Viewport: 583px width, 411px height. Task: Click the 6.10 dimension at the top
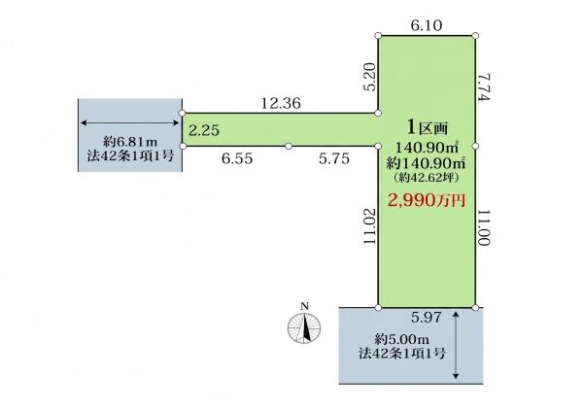pos(427,25)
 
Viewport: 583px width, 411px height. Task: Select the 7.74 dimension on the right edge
pos(485,87)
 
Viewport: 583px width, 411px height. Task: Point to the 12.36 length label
pos(281,103)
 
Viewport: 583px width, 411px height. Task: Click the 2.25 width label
pos(204,130)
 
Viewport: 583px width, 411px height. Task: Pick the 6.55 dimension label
pos(237,158)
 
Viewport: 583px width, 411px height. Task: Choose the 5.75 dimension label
pos(334,158)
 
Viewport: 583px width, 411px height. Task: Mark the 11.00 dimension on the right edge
pos(485,227)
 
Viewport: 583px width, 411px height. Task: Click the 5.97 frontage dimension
pos(427,318)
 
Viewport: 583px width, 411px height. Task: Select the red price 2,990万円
pos(427,200)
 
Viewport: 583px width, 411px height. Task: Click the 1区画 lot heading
pos(428,127)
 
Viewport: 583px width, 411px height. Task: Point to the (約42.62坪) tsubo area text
pos(426,178)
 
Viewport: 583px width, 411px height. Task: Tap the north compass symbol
pos(304,326)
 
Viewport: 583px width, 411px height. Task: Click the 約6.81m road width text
pos(130,141)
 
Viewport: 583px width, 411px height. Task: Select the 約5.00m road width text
pos(401,339)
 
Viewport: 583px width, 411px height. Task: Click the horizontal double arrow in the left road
pos(130,122)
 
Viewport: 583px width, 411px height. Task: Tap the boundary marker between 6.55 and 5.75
pos(289,146)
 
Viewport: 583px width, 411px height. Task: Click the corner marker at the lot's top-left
pos(378,36)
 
